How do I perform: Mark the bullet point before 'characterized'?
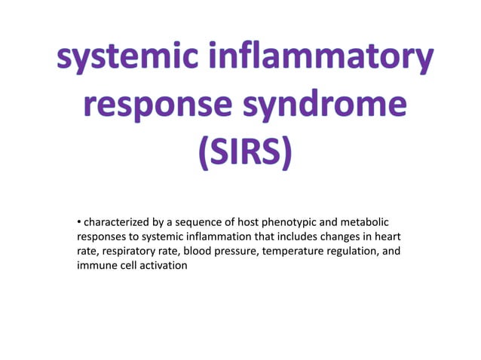(x=78, y=222)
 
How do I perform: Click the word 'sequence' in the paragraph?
(x=200, y=222)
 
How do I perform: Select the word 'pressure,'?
(x=237, y=251)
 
